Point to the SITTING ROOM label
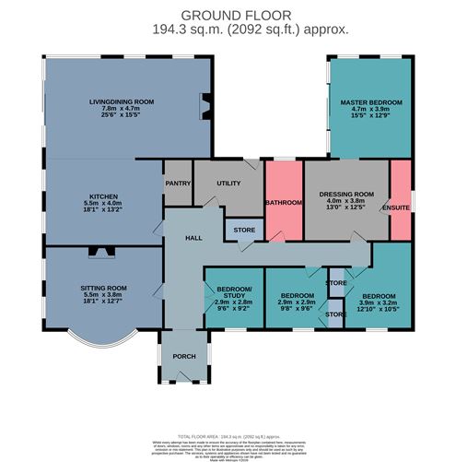102,288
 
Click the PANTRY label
178,183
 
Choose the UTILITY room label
228,184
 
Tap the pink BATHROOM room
284,202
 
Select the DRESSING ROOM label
345,195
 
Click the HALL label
193,238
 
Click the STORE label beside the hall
243,230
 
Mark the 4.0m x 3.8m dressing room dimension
345,201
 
